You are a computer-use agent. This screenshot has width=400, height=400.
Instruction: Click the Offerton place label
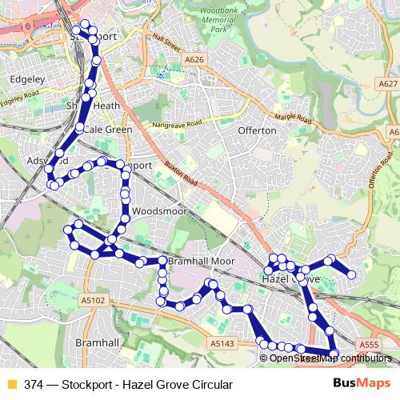coord(257,130)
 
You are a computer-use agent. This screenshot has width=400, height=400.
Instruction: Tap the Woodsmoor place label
coord(153,211)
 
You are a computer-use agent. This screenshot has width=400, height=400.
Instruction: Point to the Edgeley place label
coord(26,79)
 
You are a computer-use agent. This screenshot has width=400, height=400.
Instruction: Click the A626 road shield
coord(194,59)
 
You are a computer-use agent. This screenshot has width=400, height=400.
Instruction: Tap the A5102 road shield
coord(93,299)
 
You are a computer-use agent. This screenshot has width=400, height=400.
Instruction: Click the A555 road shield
coord(369,344)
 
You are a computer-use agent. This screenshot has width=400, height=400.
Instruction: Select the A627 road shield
coord(387,83)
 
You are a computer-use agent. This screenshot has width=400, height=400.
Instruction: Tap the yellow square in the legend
coord(11,383)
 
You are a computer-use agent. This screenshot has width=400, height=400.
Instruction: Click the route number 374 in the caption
coord(34,383)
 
